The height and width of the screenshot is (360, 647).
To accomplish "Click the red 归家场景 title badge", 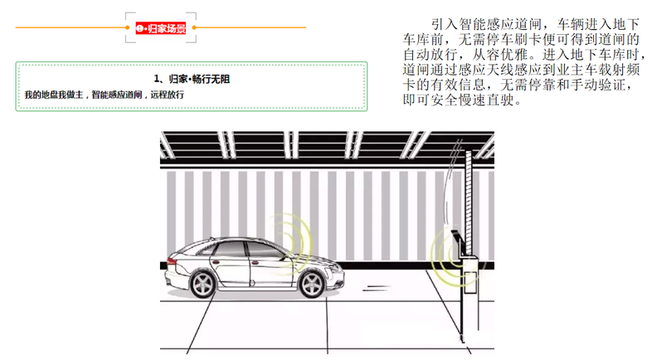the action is (x=161, y=28).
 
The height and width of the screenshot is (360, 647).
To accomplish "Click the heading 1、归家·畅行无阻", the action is (x=192, y=79).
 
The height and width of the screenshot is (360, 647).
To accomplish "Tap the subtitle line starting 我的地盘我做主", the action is (x=104, y=95).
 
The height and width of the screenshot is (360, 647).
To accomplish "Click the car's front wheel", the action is (x=312, y=284).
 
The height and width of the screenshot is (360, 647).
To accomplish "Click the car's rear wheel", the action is (x=203, y=284).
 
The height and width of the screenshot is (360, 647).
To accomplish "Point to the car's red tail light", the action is (x=172, y=261).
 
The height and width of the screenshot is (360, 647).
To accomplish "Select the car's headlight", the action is (x=335, y=266).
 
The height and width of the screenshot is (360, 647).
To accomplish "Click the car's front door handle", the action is (x=255, y=263).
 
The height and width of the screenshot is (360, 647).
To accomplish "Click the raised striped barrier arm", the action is (x=469, y=202).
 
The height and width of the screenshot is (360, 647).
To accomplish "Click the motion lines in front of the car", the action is (x=376, y=288).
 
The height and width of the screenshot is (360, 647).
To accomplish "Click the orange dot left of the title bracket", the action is (x=128, y=27).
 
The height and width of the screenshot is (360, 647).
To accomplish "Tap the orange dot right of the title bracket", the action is (x=194, y=27).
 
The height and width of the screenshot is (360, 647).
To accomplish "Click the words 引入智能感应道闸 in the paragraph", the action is (x=486, y=24).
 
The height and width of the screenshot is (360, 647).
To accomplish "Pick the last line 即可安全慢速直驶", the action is (x=462, y=100).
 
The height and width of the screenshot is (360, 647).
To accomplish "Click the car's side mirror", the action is (x=285, y=258).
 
